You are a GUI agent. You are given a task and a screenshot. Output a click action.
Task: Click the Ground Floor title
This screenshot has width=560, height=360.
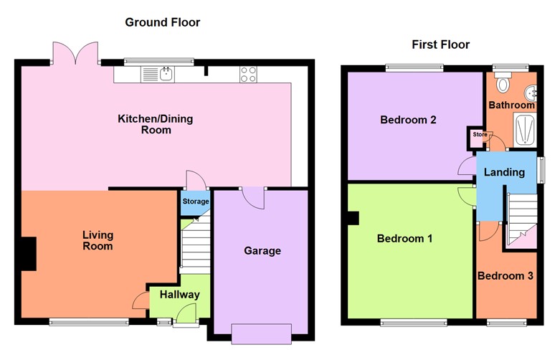(163, 22)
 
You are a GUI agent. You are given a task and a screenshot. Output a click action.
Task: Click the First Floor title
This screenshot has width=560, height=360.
(440, 44)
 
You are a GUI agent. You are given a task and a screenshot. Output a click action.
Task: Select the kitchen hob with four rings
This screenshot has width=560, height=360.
(249, 74)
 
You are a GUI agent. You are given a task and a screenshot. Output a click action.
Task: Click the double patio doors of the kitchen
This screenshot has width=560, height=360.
(75, 53)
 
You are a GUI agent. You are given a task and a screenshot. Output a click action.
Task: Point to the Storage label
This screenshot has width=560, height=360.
(195, 202)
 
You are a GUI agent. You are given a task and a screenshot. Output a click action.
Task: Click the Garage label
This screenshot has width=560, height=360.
(262, 251)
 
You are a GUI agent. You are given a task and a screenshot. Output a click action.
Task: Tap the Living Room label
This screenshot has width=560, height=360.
(98, 240)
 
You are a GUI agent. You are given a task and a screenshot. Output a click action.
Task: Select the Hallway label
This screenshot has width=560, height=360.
(179, 295)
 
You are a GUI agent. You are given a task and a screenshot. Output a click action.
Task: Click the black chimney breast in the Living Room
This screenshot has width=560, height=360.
(28, 254)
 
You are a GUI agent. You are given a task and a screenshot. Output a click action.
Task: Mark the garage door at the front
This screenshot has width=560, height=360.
(261, 333)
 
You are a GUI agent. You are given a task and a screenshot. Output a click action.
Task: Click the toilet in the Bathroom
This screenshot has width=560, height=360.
(503, 85)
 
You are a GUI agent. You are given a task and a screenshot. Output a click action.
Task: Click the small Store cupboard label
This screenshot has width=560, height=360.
(479, 134)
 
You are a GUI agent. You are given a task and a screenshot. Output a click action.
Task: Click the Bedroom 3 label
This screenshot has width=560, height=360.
(505, 276)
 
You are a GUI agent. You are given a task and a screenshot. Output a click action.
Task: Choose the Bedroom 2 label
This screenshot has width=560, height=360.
(408, 120)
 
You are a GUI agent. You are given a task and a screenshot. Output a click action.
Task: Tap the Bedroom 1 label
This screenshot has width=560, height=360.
(404, 239)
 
